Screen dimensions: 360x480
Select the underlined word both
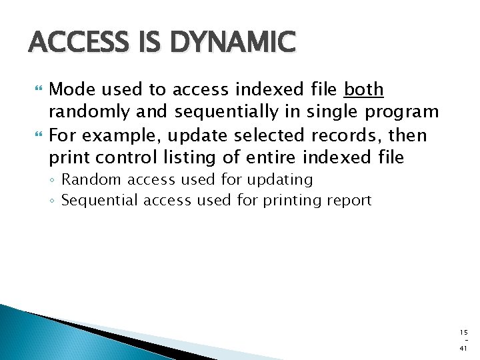click(x=363, y=89)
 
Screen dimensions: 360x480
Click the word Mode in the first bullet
click(x=69, y=89)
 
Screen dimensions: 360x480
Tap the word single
click(x=327, y=112)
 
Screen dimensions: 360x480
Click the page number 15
click(x=463, y=331)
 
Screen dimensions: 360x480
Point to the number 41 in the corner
click(x=463, y=349)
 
